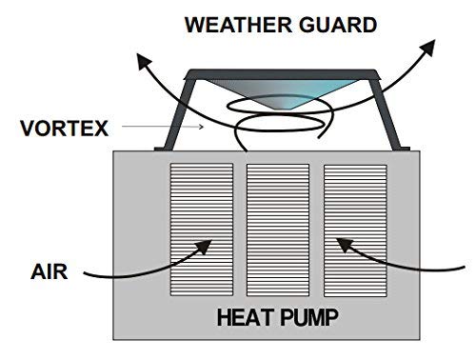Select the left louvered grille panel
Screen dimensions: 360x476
(x=200, y=230)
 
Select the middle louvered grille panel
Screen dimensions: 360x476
(x=278, y=230)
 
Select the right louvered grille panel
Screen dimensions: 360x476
(x=355, y=230)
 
